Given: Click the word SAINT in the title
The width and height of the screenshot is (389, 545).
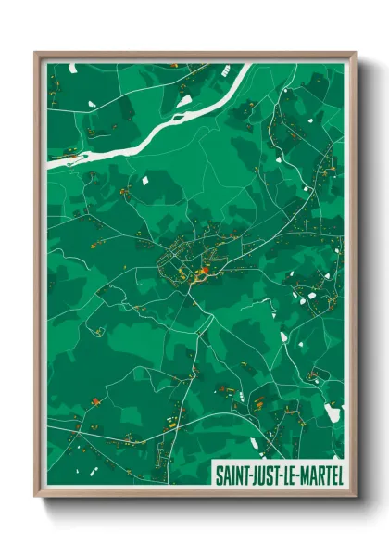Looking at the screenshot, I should point(232,475).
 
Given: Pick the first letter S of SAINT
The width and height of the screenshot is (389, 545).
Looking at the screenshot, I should point(219,475).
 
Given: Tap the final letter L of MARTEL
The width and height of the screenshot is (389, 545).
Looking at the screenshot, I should point(338,475).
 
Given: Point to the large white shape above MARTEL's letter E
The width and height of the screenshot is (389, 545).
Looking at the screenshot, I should point(333,413).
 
